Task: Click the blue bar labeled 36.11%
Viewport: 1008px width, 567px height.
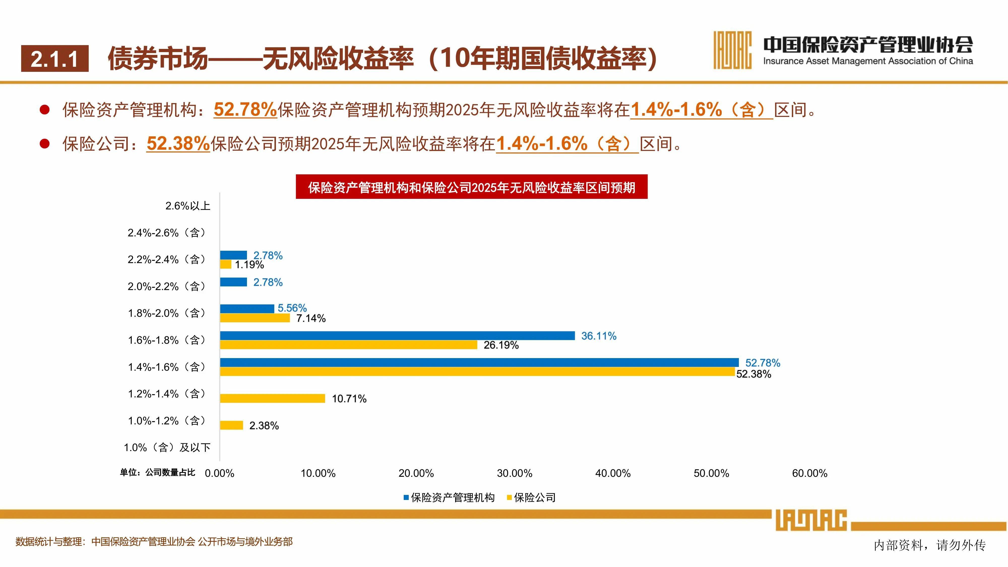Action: tap(397, 335)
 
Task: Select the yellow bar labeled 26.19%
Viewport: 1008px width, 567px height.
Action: tap(348, 345)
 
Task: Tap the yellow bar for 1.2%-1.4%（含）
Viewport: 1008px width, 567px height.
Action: tap(272, 398)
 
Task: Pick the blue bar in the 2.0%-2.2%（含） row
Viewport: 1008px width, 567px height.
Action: tap(234, 282)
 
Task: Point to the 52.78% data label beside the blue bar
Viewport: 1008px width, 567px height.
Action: tap(762, 363)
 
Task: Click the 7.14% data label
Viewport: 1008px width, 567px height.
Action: tap(311, 318)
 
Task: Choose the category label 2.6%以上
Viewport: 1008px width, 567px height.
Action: tap(188, 206)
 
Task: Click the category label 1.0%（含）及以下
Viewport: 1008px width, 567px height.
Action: tap(167, 447)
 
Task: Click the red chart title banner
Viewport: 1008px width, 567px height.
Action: tap(471, 187)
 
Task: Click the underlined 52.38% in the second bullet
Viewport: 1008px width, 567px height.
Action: tap(178, 143)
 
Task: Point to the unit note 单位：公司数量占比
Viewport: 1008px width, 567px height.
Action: tap(157, 472)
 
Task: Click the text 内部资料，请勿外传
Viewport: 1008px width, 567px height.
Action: tap(929, 545)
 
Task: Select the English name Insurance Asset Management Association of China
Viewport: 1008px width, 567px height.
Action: tap(868, 61)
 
